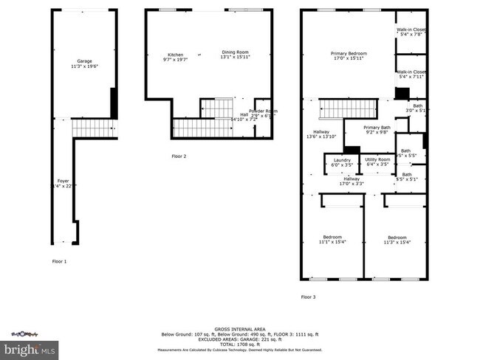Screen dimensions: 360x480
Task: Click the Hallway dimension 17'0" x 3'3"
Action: [352, 184]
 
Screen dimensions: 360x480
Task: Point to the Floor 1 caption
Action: [59, 262]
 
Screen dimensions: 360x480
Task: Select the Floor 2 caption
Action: [179, 156]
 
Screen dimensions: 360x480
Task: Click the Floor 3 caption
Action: [308, 297]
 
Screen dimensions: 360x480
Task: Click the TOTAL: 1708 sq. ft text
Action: [243, 345]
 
